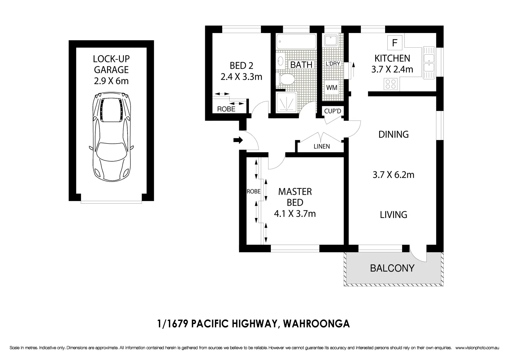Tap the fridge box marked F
coord(395,43)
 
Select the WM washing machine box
coord(332,88)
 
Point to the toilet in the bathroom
coord(286,79)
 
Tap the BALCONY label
coord(392,268)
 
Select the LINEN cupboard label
coord(321,146)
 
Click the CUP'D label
coord(332,111)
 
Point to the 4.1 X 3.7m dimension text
coord(294,213)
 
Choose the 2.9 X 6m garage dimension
coord(111,81)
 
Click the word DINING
coord(393,134)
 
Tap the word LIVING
coord(393,215)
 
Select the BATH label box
coord(301,64)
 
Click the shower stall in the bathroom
coord(286,102)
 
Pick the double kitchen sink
coord(429,63)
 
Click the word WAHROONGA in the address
coord(316,324)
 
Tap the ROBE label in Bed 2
coord(226,109)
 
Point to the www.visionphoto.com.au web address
coord(477,348)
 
